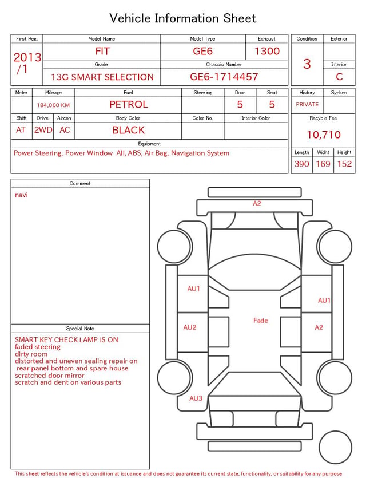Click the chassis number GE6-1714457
224,77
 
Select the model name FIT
102,51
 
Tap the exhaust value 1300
267,51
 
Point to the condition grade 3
307,64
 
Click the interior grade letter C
339,77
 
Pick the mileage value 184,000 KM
53,105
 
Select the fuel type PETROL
129,105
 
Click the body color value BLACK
129,130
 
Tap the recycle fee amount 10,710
323,135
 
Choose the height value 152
344,164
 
